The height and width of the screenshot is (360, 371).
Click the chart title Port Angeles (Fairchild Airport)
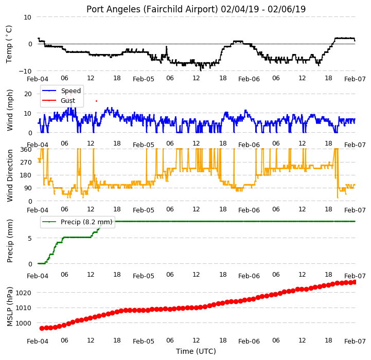point(152,9)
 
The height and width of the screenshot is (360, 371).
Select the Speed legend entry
point(61,91)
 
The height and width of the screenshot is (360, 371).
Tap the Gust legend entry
point(59,100)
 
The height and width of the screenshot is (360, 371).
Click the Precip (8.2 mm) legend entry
point(77,222)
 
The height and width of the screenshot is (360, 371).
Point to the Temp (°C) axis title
point(9,44)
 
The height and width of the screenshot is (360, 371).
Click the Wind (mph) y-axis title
point(9,110)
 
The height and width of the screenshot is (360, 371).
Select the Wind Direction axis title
point(10,175)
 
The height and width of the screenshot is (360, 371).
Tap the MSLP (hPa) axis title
point(10,307)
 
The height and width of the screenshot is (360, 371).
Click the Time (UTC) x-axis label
point(196,351)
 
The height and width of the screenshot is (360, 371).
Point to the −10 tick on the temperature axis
point(25,71)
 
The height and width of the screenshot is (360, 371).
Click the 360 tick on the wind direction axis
point(26,150)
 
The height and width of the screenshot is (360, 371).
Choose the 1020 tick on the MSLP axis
point(23,293)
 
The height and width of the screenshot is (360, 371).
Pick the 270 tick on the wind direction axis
point(26,163)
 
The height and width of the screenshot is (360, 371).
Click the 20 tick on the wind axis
point(28,94)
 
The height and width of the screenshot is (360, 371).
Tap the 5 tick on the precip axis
point(29,239)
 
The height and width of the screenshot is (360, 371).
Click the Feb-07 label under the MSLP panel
point(355,341)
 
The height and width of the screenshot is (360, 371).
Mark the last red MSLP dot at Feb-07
point(354,282)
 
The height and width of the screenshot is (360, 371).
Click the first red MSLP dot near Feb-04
point(42,328)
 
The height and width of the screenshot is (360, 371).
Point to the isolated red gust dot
point(96,101)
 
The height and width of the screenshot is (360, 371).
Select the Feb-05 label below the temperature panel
point(144,79)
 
